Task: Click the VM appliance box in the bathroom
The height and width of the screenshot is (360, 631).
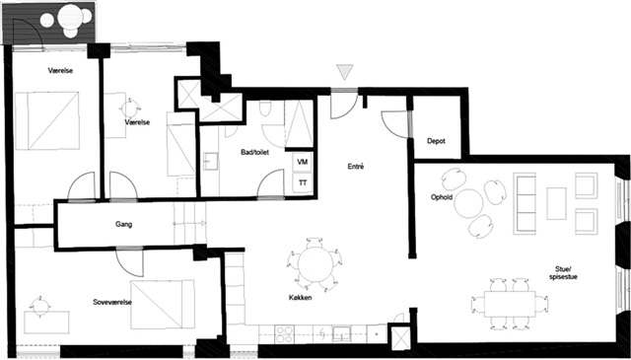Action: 303,162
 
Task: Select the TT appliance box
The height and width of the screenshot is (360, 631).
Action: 303,182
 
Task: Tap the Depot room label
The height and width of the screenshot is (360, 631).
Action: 436,141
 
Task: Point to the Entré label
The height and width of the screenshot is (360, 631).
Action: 356,166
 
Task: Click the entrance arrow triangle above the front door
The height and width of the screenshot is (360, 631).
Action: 345,72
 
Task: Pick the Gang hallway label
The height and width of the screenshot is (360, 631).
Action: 123,225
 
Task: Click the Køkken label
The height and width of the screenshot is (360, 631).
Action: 300,298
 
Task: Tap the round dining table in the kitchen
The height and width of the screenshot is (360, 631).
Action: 315,264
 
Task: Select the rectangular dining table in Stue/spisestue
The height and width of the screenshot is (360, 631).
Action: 510,304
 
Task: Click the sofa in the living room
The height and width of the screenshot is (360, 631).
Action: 525,203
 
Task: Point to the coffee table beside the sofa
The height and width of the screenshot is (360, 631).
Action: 556,203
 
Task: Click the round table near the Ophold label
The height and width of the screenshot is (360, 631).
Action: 468,203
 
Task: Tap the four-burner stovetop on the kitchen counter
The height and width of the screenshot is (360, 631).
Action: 285,334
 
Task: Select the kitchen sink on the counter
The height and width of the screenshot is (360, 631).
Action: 342,333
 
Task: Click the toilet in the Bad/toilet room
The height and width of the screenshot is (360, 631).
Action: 265,108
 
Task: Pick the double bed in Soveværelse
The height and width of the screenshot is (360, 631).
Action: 162,305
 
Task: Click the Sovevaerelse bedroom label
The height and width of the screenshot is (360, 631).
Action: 112,302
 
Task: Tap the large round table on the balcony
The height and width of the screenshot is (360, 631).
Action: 70,17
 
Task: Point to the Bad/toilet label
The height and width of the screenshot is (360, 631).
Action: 254,152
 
